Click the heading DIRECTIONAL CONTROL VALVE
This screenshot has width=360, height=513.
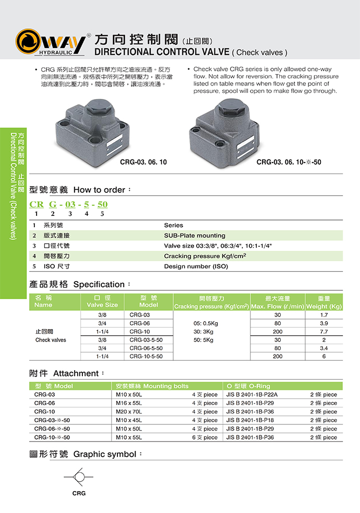161,52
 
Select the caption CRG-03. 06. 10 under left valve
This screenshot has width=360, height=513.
143,162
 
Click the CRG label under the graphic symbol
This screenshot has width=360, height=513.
79,493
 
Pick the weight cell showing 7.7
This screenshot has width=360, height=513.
323,332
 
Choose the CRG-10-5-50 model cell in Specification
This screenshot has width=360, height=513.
146,356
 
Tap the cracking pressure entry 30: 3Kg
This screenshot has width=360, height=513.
205,332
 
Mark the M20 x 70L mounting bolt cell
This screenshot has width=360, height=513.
129,411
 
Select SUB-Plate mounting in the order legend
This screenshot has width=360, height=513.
195,236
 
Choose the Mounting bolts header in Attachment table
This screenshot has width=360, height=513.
152,386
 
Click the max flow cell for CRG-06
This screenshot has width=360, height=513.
277,323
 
